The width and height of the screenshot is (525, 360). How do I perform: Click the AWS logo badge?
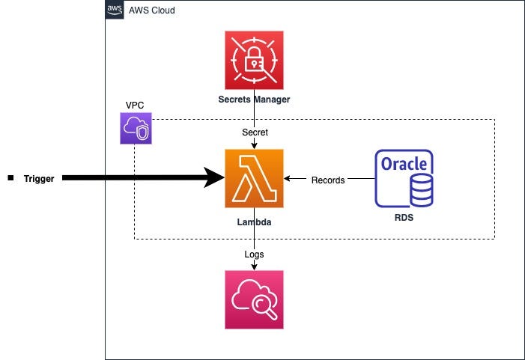click(115, 10)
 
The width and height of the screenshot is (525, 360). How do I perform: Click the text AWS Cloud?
click(152, 10)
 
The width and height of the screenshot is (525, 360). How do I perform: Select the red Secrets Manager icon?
click(255, 60)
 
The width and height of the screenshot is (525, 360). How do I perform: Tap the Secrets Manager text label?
click(255, 100)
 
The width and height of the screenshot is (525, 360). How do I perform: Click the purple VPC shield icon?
click(135, 128)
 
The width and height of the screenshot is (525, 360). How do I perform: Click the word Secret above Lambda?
click(255, 132)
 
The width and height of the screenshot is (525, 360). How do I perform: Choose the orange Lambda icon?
click(255, 178)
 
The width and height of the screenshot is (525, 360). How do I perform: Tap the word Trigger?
click(39, 179)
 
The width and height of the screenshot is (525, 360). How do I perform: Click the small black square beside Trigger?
click(10, 178)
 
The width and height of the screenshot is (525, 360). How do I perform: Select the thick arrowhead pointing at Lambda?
click(217, 178)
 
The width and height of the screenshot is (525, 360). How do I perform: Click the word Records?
click(327, 180)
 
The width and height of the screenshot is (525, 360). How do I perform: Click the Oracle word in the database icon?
click(404, 163)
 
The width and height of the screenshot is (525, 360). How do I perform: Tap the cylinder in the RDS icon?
click(420, 192)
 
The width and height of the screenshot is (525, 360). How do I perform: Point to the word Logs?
click(255, 254)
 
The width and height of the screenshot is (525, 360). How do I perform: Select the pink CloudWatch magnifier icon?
click(255, 299)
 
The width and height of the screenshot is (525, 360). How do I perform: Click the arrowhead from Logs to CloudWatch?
click(255, 266)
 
